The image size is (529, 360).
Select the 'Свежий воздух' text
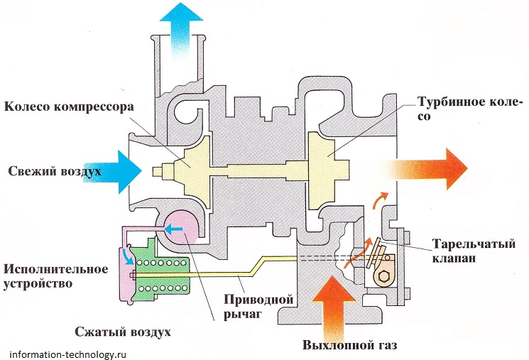coord(55,172)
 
